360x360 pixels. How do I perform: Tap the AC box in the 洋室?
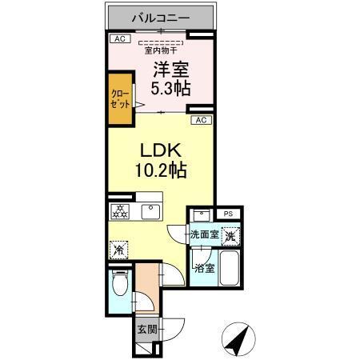tap(118, 38)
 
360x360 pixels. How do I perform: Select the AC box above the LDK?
tap(202, 120)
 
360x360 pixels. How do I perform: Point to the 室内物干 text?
tap(160, 51)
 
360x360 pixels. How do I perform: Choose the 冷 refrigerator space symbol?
tap(118, 250)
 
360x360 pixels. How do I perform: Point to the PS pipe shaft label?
tap(227, 214)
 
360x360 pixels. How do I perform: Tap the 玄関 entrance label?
tap(146, 330)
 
